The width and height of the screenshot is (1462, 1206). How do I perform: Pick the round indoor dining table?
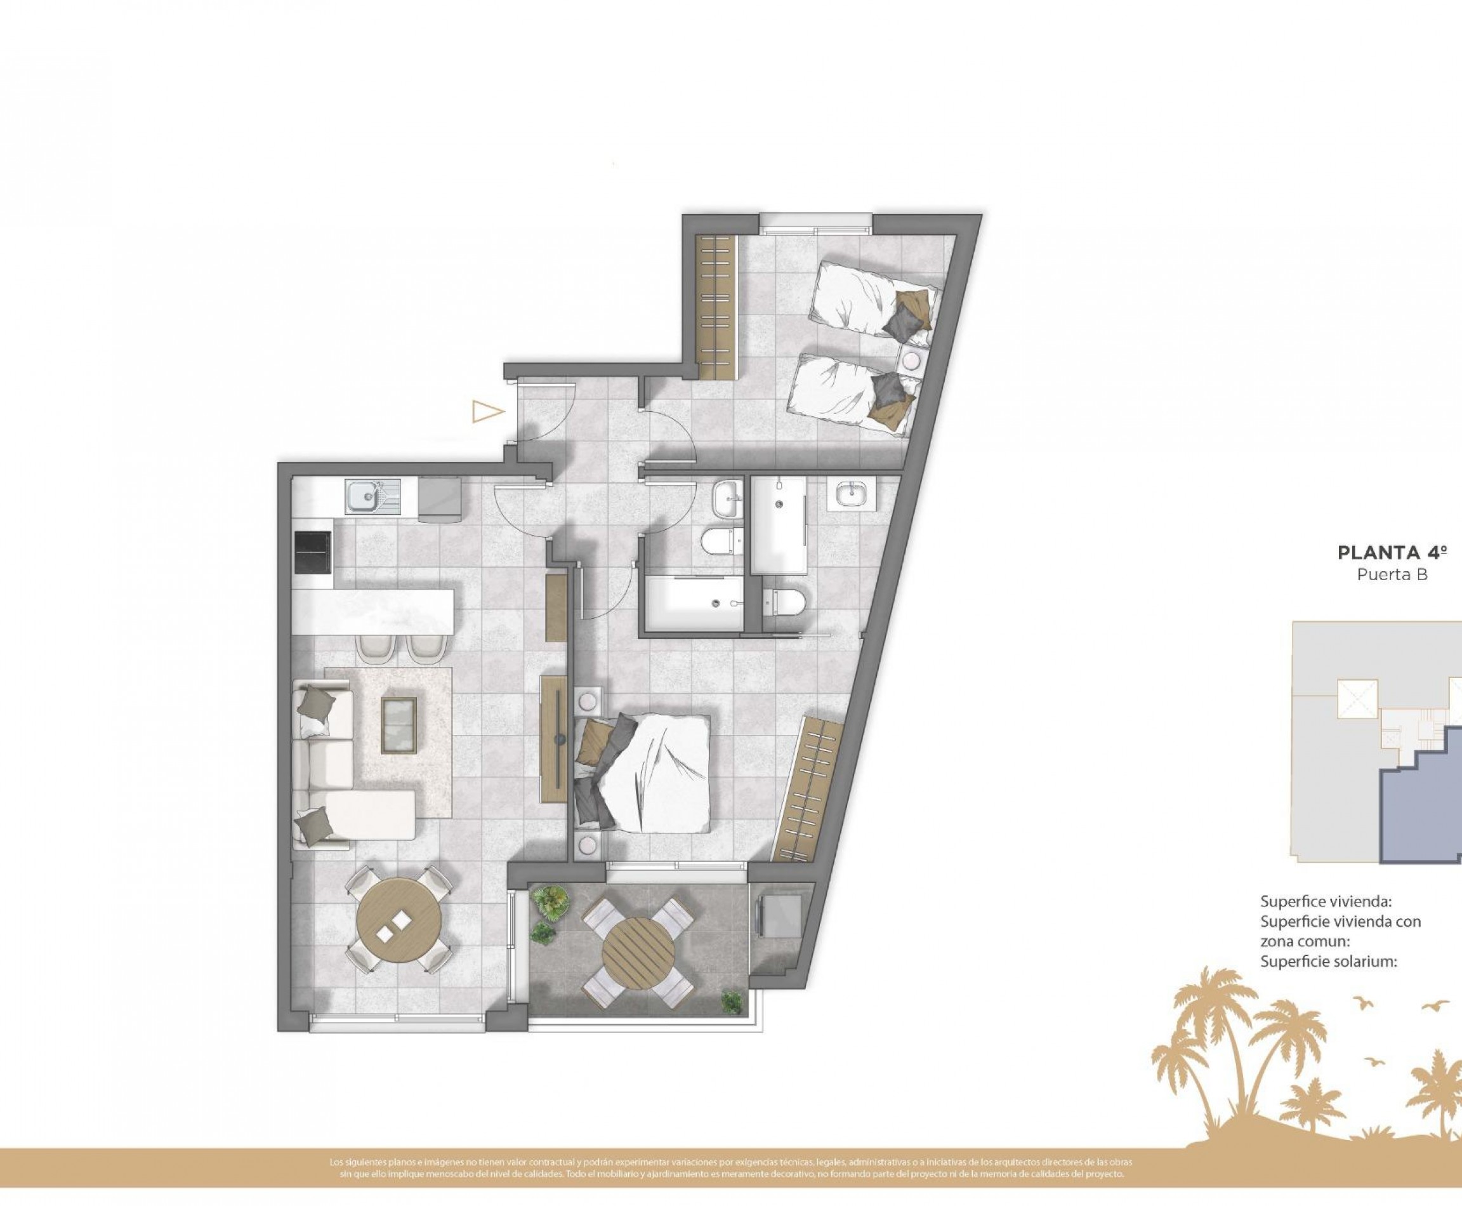click(x=398, y=918)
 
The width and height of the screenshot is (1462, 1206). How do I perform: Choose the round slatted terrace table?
click(x=638, y=947)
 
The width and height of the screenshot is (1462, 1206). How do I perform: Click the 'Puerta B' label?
click(x=1393, y=574)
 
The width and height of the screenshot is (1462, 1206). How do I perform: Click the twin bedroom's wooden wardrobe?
click(x=715, y=307)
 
